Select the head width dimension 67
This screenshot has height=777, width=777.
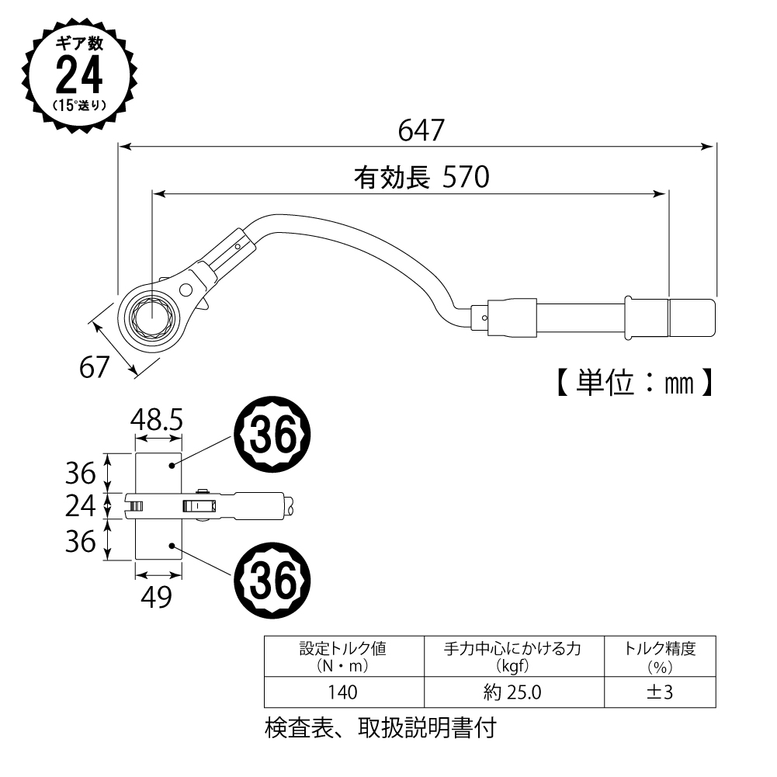95,366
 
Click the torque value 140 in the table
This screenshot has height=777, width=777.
342,692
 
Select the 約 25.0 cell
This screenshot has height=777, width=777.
512,692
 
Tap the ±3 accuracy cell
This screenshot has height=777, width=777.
659,692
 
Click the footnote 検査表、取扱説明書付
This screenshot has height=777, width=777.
380,729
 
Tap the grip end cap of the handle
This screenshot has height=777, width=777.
692,314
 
